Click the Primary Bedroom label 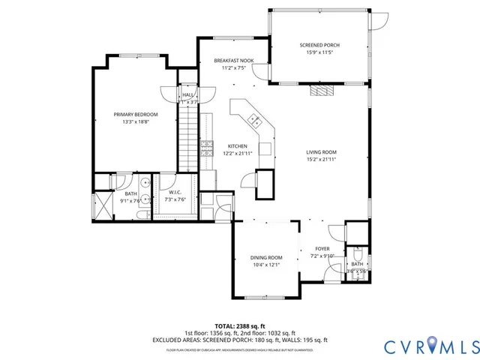coord(136,115)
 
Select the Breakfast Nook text coord(232,60)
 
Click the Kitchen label coord(237,146)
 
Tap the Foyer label coord(322,248)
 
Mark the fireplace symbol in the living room coord(321,91)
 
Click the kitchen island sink coord(254,119)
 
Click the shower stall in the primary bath coord(100,206)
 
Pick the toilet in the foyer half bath coord(358,253)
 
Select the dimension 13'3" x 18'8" coord(136,122)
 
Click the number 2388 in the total coord(246,326)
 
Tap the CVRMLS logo coord(430,346)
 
